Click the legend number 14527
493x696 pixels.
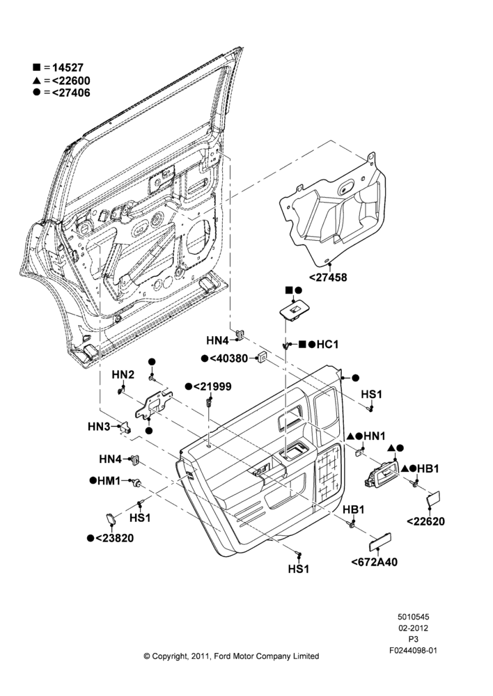coord(68,68)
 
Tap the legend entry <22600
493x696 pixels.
coord(71,81)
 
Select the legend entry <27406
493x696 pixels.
coord(71,93)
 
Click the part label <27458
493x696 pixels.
coord(328,278)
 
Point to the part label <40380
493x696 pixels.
coord(228,358)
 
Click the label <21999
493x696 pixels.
coord(212,386)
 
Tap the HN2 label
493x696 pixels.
coord(123,374)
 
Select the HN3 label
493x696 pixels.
coord(99,427)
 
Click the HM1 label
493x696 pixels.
coord(109,480)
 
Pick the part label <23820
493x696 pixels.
coord(115,538)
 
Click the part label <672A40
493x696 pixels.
coord(375,562)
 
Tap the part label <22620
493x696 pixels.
coord(425,521)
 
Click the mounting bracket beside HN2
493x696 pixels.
coord(153,405)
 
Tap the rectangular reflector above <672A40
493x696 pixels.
coord(380,541)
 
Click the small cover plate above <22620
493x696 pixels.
coord(433,498)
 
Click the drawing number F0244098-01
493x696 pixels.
coord(413,650)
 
